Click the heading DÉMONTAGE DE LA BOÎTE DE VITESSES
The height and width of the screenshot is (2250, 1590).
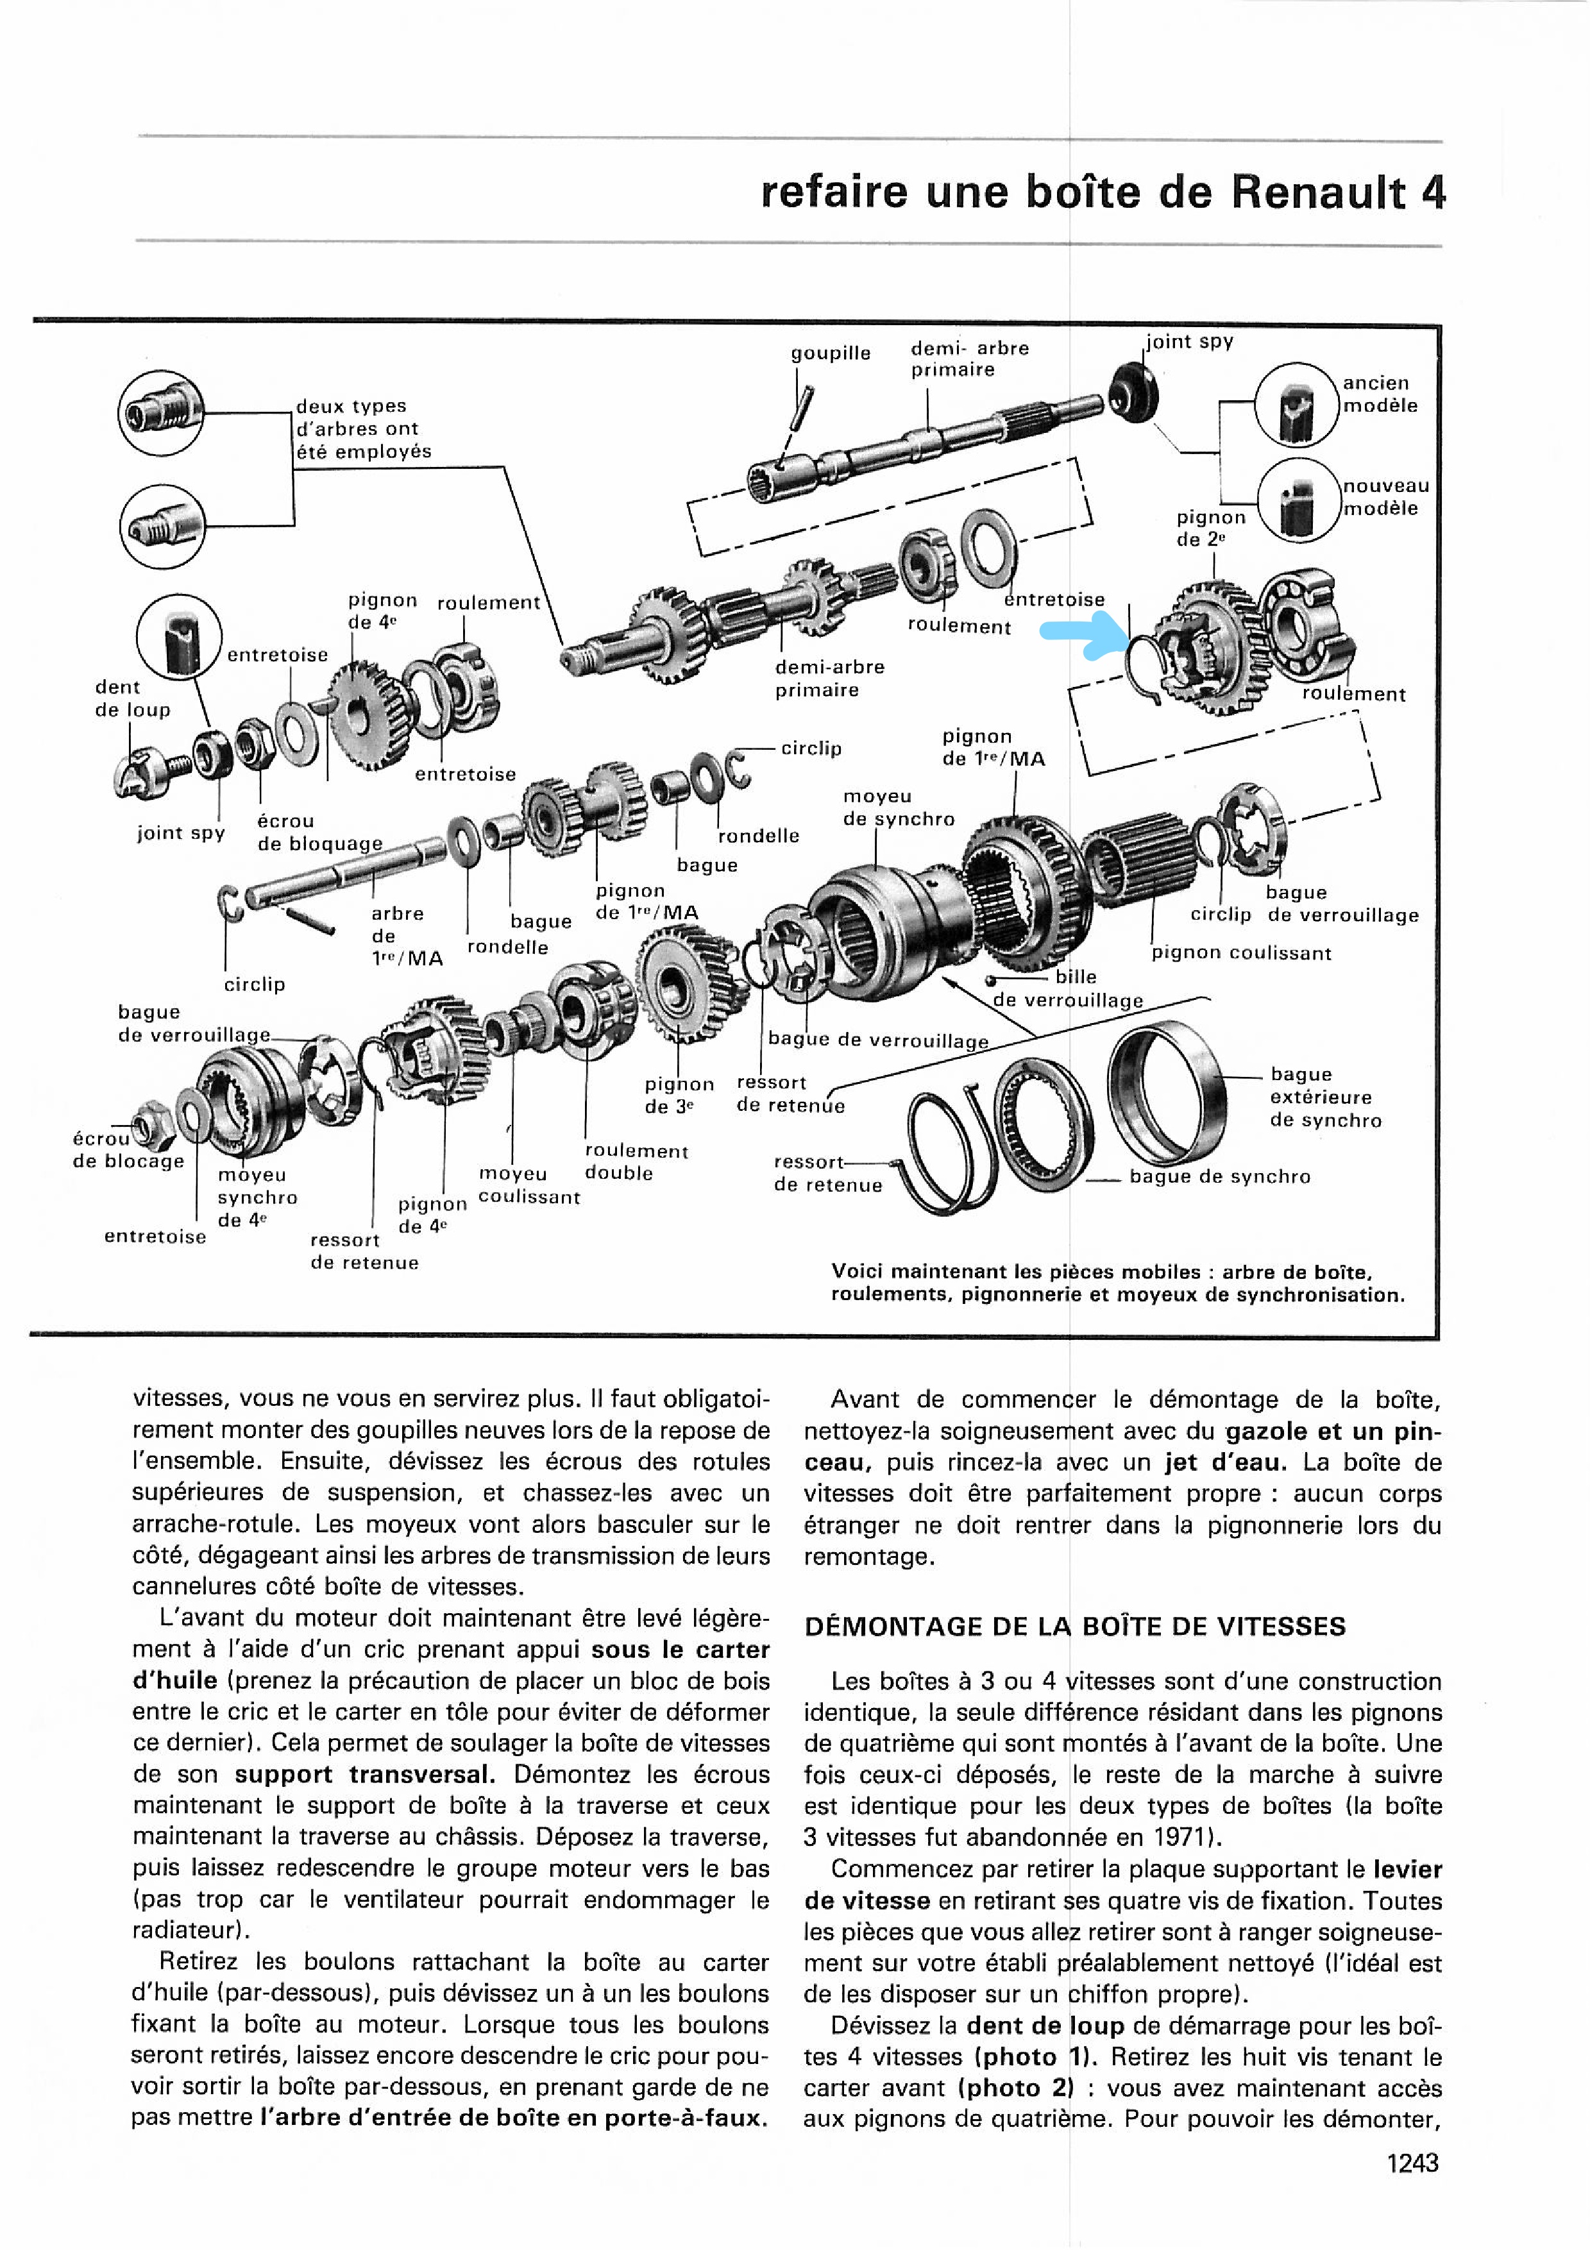[x=1075, y=1626]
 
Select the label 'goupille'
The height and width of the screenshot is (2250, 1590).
[x=831, y=353]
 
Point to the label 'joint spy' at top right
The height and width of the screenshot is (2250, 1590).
[x=1189, y=341]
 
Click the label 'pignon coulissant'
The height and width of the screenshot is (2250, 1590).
[x=1241, y=952]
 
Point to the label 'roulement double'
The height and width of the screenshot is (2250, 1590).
[x=636, y=1162]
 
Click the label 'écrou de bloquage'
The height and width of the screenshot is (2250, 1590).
[x=319, y=832]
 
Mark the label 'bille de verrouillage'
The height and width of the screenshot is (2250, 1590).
[x=1069, y=989]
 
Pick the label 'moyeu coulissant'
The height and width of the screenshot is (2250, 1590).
[x=529, y=1185]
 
